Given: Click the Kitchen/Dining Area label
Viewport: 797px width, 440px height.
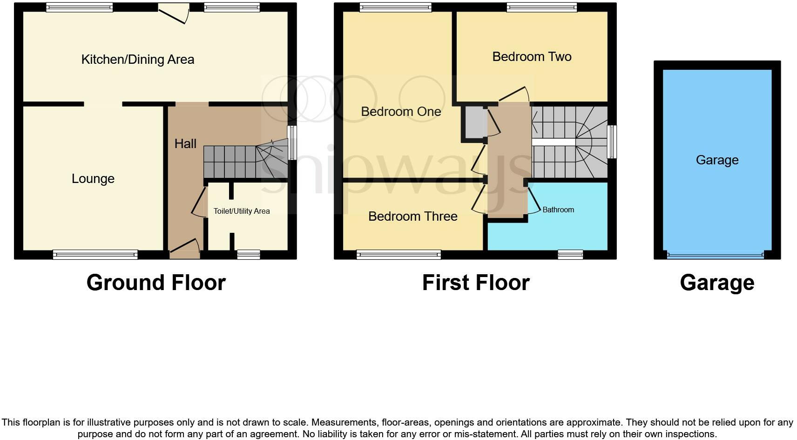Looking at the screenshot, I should tap(138, 60).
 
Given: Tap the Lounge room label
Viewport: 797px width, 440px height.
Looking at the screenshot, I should tap(93, 179).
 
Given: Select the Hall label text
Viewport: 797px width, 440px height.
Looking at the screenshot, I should tap(185, 144).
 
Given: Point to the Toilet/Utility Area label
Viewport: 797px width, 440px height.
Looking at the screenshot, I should tap(242, 211).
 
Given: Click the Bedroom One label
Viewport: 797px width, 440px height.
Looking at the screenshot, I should tap(401, 112).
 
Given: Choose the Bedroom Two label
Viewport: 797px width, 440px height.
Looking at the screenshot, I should tap(532, 57).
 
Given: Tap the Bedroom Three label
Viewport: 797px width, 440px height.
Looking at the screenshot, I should tap(412, 217).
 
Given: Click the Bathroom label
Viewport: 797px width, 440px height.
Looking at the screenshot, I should tap(558, 210).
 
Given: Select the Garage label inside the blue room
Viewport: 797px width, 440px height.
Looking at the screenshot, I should tap(717, 160).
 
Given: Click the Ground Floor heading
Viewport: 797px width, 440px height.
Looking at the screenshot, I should tap(156, 283).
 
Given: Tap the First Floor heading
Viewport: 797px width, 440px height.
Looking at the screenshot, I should tap(476, 283).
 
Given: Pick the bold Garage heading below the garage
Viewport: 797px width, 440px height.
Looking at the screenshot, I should tap(717, 283).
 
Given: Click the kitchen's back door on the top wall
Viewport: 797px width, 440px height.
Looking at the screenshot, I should tap(174, 13).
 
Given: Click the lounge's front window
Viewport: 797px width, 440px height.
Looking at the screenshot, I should tap(95, 255).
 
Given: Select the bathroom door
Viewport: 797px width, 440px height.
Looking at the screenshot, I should tap(533, 200).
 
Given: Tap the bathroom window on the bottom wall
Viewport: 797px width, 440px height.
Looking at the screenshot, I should tap(570, 254).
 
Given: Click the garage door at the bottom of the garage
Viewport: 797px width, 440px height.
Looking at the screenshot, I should tap(715, 255).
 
